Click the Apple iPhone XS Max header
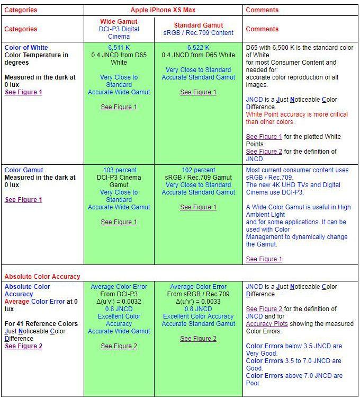pyautogui.click(x=163, y=10)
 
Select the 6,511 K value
pyautogui.click(x=119, y=48)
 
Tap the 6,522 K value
pyautogui.click(x=198, y=48)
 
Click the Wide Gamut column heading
pyautogui.click(x=119, y=22)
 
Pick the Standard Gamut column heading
pyautogui.click(x=198, y=25)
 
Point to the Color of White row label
pyautogui.click(x=26, y=48)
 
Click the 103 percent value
pyautogui.click(x=119, y=170)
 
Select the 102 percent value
pyautogui.click(x=198, y=170)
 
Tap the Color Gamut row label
pyautogui.click(x=24, y=170)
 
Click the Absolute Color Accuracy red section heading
pyautogui.click(x=42, y=276)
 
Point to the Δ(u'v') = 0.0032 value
pyautogui.click(x=119, y=302)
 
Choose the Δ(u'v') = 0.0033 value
pyautogui.click(x=198, y=302)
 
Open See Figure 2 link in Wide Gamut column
pyautogui.click(x=119, y=346)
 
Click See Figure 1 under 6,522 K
pyautogui.click(x=198, y=92)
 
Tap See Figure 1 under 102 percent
pyautogui.click(x=198, y=207)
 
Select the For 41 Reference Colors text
pyautogui.click(x=41, y=324)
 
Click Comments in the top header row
pyautogui.click(x=262, y=10)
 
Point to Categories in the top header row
pyautogui.click(x=21, y=10)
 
